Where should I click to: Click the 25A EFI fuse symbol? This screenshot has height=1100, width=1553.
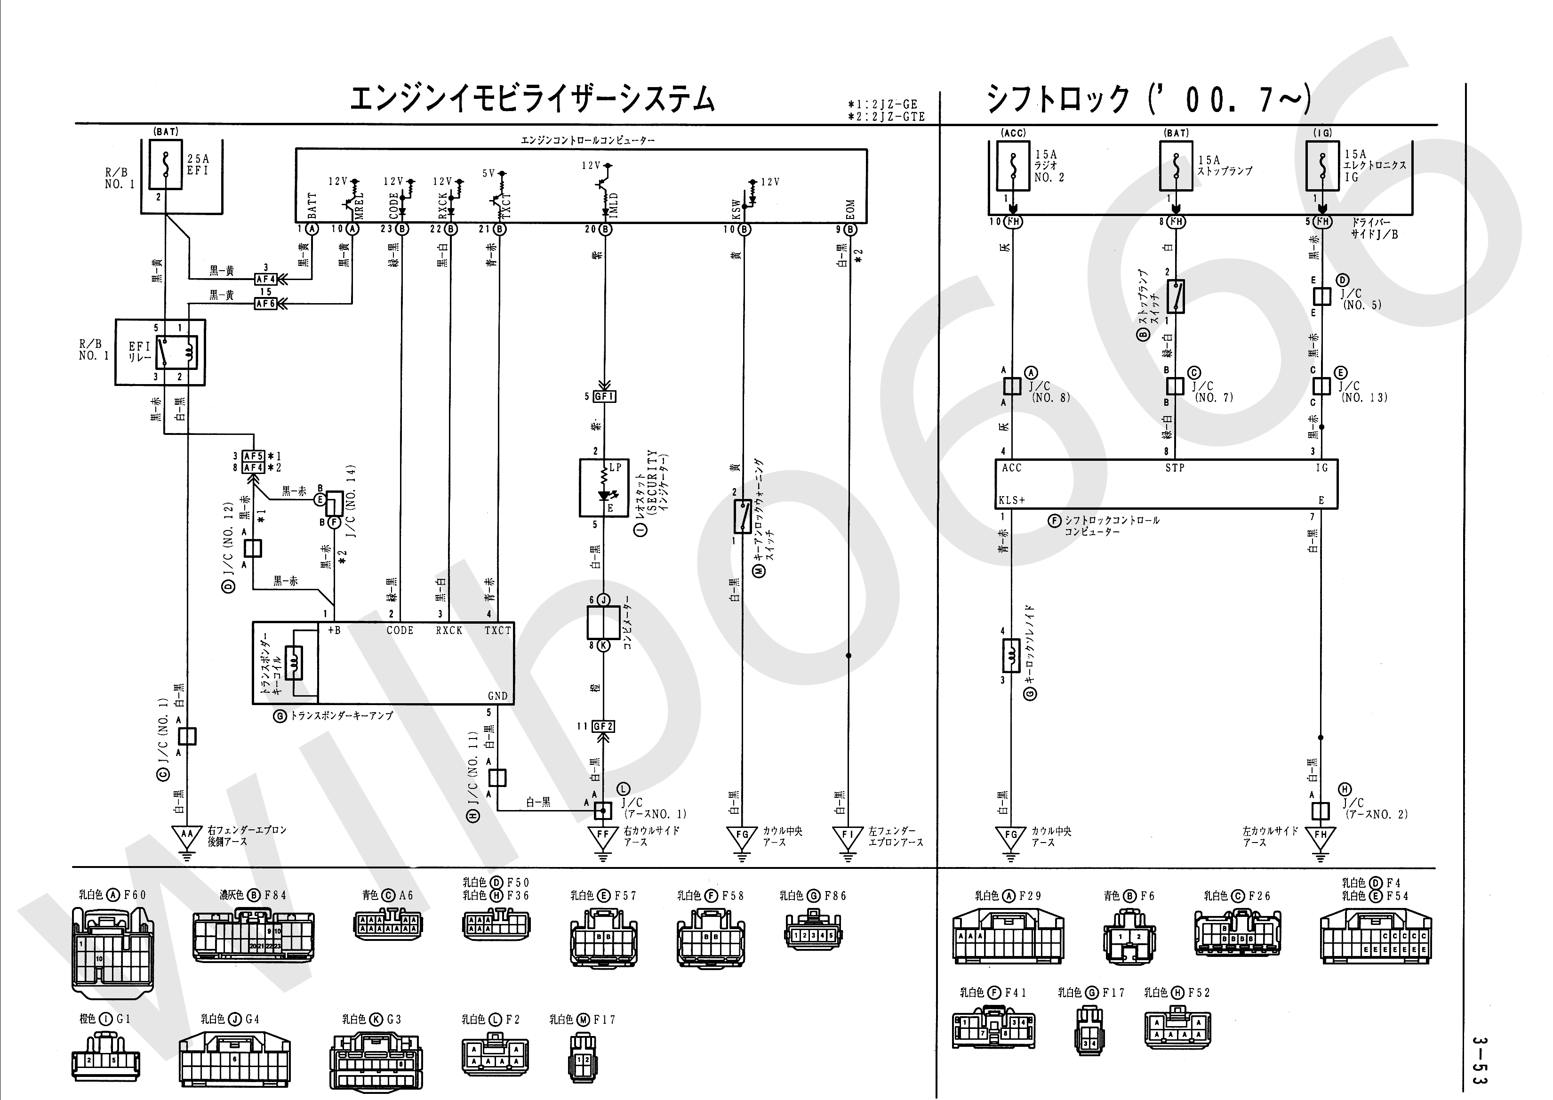[166, 165]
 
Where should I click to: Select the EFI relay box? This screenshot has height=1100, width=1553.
[160, 352]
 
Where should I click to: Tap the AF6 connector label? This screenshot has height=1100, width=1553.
[265, 304]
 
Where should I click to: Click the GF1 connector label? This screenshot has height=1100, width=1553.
[603, 396]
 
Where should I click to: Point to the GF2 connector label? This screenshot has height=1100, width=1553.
[603, 727]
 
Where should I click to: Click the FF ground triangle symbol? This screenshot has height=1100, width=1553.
[603, 837]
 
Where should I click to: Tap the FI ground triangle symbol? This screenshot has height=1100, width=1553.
[848, 837]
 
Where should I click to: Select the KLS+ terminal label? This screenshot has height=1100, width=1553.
[1012, 500]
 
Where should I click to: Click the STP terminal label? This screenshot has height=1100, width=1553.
[1175, 467]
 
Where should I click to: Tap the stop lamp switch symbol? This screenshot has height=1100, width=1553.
[1175, 297]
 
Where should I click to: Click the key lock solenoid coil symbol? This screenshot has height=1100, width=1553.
[1011, 656]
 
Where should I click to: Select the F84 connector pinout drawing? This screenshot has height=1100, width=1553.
[253, 937]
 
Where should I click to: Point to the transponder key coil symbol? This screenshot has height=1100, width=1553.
[293, 662]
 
